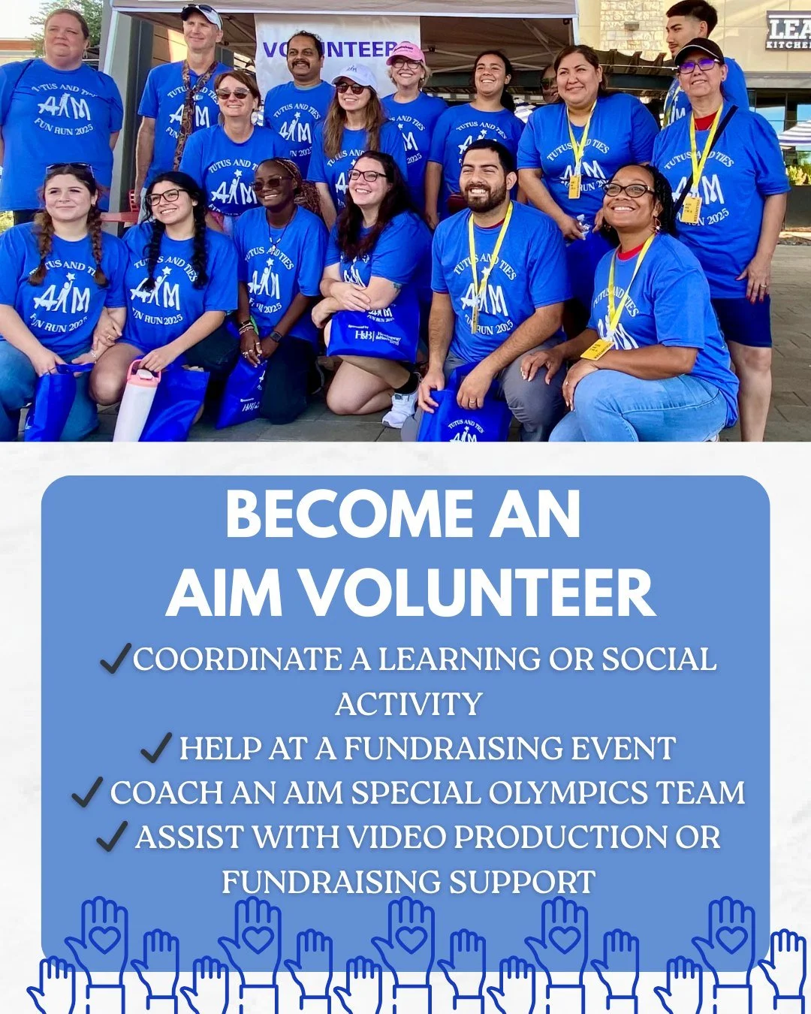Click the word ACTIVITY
point(409,705)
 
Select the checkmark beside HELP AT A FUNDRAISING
point(156,748)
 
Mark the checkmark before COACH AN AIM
point(87,792)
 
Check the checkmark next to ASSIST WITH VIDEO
point(112,836)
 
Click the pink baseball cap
point(406,53)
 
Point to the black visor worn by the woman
point(698,50)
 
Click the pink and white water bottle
point(137,402)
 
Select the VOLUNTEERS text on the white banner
point(338,50)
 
